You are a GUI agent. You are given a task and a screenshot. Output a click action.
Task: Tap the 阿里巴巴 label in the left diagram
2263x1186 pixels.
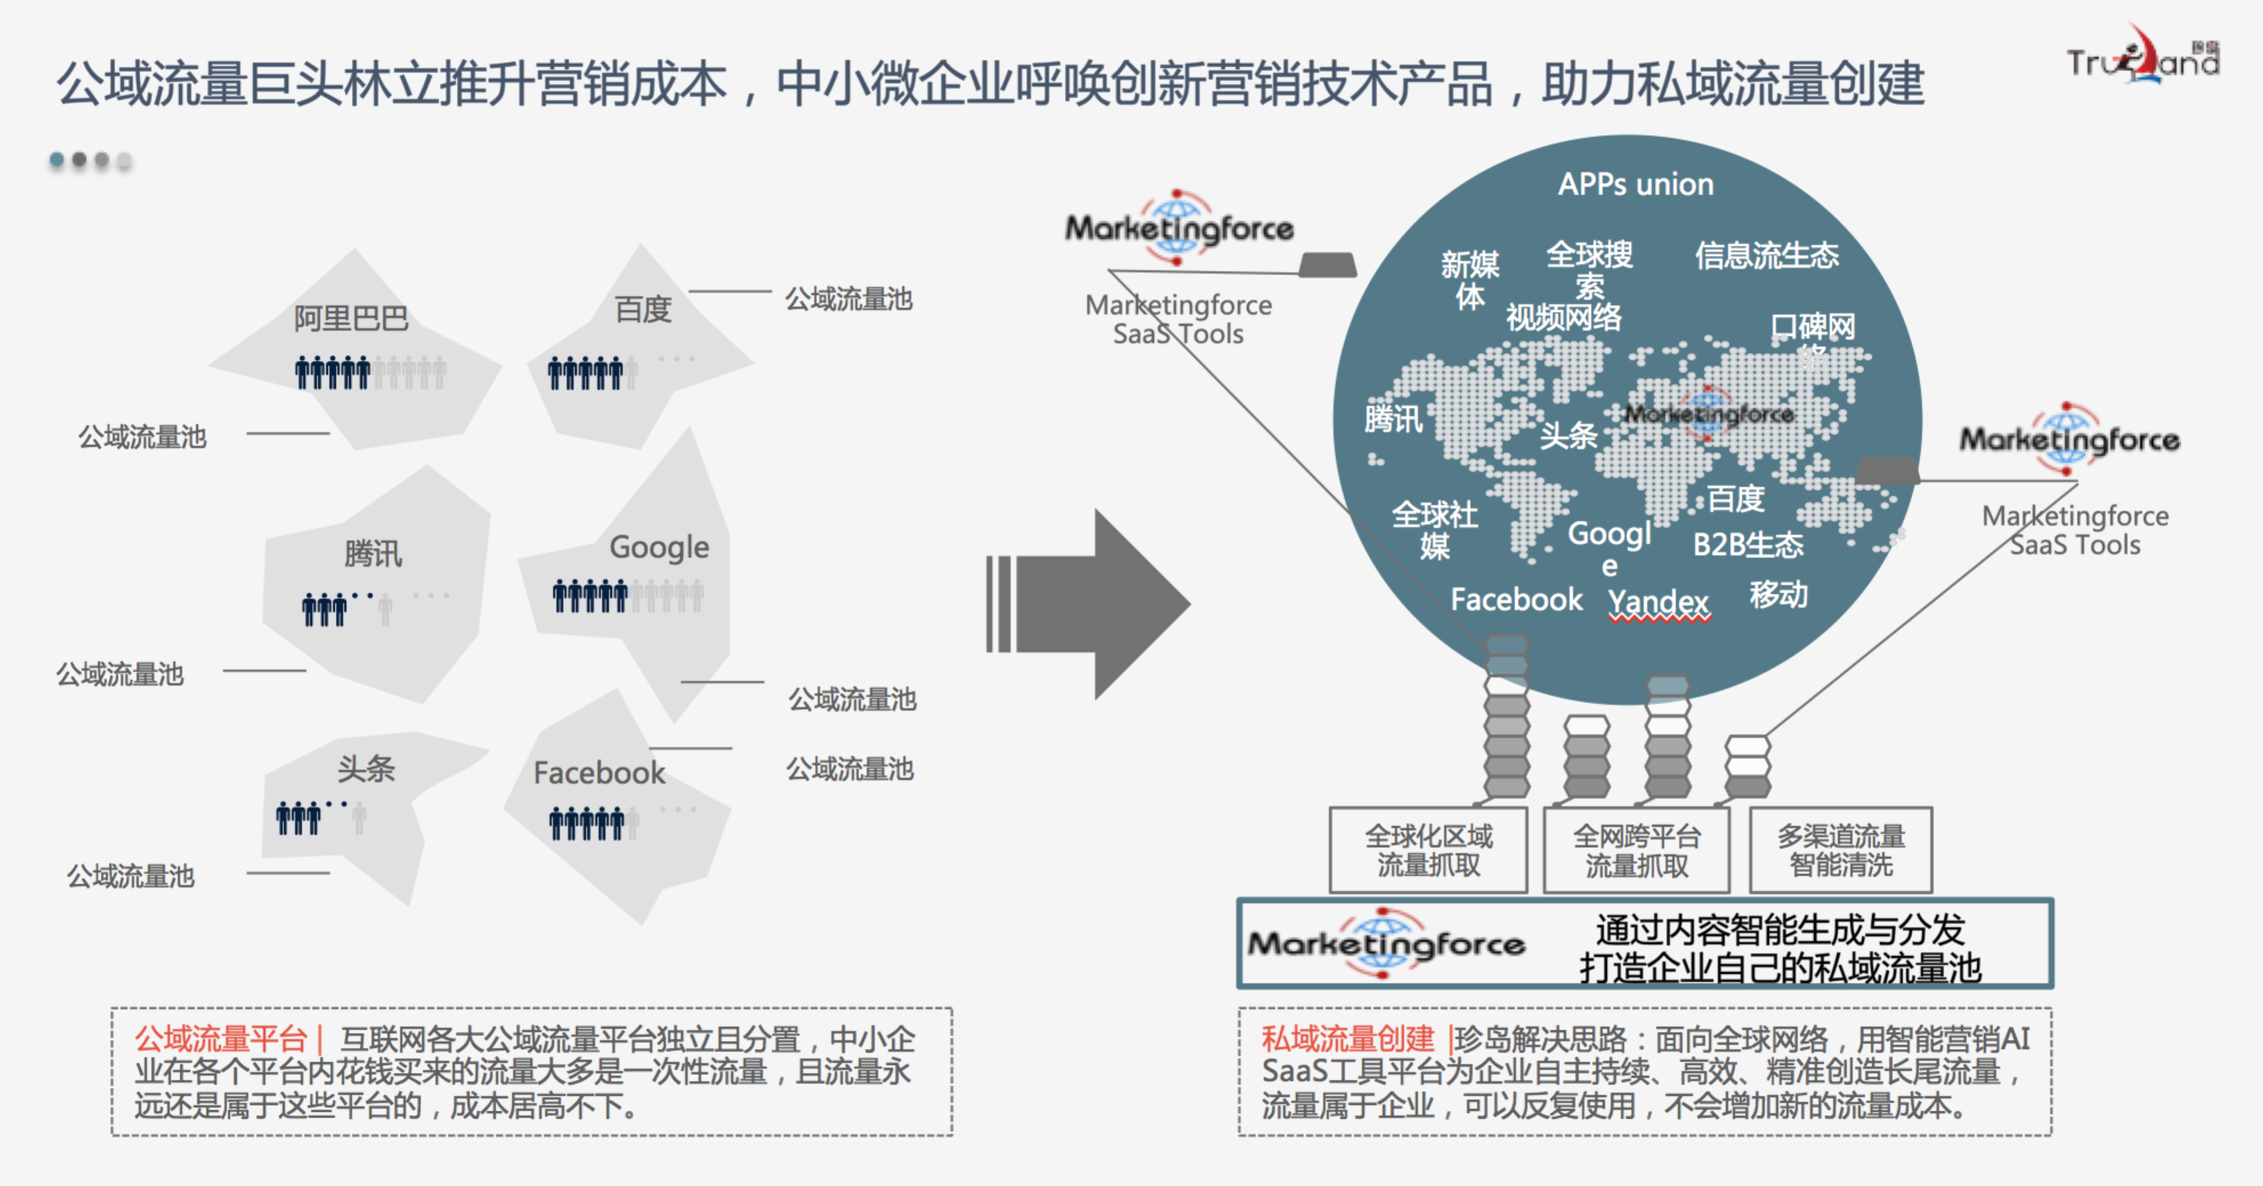point(351,318)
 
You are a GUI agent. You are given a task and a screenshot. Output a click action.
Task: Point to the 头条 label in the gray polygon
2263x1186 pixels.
point(366,769)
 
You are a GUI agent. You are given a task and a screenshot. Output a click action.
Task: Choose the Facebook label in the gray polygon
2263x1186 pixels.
point(599,772)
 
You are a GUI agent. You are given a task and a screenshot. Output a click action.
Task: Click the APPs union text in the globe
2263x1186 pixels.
point(1635,185)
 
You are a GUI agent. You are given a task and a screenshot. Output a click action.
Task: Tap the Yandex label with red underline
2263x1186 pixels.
point(1658,602)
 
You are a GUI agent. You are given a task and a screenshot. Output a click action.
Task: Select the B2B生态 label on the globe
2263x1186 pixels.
point(1747,545)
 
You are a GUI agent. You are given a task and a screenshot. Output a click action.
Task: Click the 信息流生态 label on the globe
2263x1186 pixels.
point(1766,255)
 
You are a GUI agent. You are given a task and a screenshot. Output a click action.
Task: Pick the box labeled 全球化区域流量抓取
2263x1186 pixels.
point(1429,850)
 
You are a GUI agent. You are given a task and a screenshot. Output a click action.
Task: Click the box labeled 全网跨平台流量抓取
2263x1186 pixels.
point(1636,850)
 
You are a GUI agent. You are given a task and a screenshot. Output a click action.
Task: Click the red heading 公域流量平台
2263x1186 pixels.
point(220,1039)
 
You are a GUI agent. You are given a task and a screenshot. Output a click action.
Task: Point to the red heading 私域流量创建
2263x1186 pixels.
point(1347,1039)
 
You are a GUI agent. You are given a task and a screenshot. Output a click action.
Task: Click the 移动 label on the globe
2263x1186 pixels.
point(1778,595)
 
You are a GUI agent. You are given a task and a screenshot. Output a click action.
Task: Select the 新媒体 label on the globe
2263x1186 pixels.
point(1470,279)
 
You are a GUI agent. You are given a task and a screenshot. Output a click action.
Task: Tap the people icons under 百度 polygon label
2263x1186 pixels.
point(586,373)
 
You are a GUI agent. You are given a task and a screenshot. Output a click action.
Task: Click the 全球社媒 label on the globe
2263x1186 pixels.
point(1434,530)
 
